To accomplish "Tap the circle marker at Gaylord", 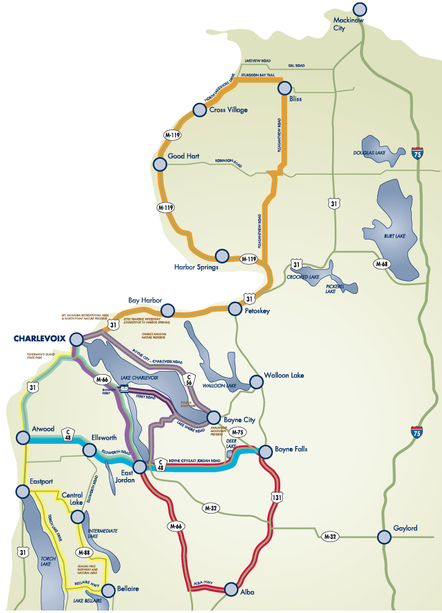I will (385, 538).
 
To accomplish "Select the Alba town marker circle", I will (231, 589).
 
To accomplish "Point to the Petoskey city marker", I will (235, 308).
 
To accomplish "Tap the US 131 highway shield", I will (276, 495).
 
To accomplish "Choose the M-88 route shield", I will (84, 552).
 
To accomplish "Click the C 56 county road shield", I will (190, 379).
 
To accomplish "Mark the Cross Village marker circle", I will (199, 110).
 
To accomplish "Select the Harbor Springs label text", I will (196, 267).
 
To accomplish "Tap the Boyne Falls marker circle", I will (265, 451).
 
